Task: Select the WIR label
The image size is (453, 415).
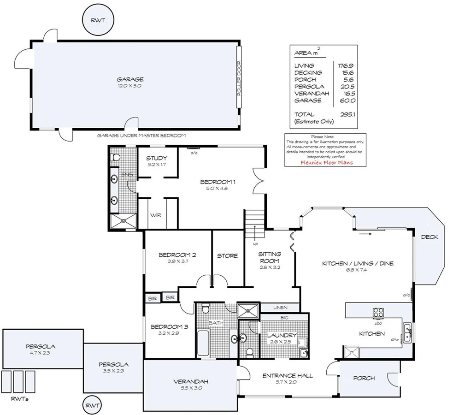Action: coord(155,215)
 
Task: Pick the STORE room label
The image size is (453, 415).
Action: coord(227,255)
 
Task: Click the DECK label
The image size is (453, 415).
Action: coord(429,237)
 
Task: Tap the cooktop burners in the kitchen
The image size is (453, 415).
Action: coord(378,313)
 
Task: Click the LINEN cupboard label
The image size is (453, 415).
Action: coord(280,308)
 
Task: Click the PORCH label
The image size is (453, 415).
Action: coord(364,378)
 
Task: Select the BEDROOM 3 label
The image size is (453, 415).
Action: coord(169,326)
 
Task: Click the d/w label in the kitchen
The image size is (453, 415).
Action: coord(395,340)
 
